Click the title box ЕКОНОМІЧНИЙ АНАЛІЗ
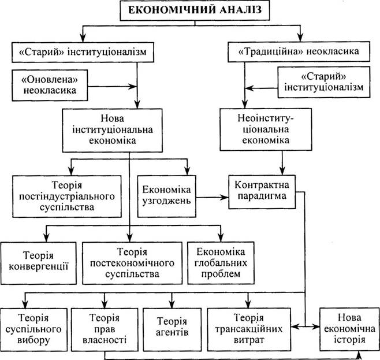tap(195, 10)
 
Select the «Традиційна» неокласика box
tap(299, 51)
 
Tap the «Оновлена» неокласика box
tap(50, 86)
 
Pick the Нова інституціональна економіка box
tap(113, 131)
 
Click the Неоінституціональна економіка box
tap(266, 129)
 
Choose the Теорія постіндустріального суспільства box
tap(67, 196)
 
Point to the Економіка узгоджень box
tap(167, 196)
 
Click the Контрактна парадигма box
tap(262, 192)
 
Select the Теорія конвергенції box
tap(39, 263)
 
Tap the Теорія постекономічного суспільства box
tap(132, 263)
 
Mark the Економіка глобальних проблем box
tap(221, 263)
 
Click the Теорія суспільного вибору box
tap(33, 329)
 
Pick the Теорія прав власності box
tap(105, 329)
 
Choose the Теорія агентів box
tap(172, 329)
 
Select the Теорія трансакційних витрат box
tap(249, 329)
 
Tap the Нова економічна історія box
tap(349, 329)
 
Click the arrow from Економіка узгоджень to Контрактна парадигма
tap(213, 197)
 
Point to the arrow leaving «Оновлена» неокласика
tap(112, 86)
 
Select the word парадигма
tap(262, 196)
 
